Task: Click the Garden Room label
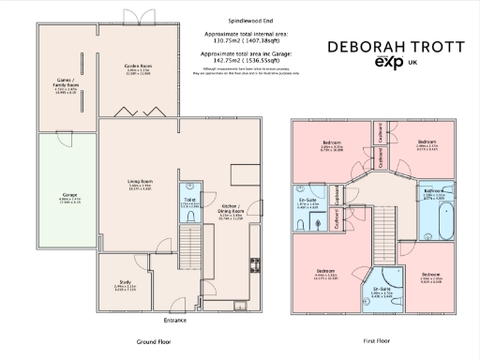(x=139, y=67)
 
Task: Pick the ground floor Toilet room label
(x=190, y=200)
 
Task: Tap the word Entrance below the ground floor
(x=175, y=320)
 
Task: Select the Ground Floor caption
(x=153, y=342)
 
